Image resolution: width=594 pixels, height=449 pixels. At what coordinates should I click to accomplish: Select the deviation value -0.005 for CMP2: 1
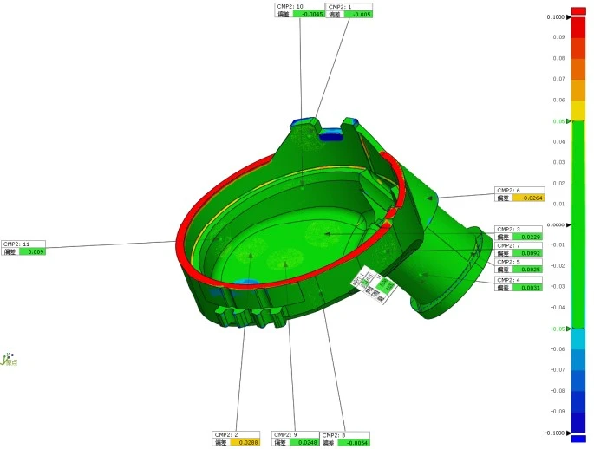358,15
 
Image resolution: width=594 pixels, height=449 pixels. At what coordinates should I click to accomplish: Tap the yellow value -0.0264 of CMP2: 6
528,198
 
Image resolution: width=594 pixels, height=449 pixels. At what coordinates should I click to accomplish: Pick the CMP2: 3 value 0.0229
528,237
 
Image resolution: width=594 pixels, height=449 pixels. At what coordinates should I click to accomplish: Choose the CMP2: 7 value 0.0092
528,254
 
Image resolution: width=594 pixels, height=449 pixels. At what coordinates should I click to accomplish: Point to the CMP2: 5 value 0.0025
528,270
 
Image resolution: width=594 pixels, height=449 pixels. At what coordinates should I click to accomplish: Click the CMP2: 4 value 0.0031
528,288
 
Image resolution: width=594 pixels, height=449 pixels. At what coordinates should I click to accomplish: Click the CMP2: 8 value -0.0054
355,442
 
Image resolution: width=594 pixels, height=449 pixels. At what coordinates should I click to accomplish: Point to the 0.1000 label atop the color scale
556,17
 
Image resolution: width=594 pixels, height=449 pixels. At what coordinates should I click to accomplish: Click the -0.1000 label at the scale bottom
555,433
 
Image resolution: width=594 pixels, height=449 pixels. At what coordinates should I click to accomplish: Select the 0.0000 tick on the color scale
556,225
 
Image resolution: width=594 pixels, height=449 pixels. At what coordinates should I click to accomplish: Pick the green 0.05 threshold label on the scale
560,121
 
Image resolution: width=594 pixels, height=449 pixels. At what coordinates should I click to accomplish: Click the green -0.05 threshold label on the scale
558,329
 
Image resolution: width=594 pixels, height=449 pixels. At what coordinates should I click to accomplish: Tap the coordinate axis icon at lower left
9,358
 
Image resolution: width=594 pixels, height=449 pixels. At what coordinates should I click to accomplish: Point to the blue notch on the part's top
330,134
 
